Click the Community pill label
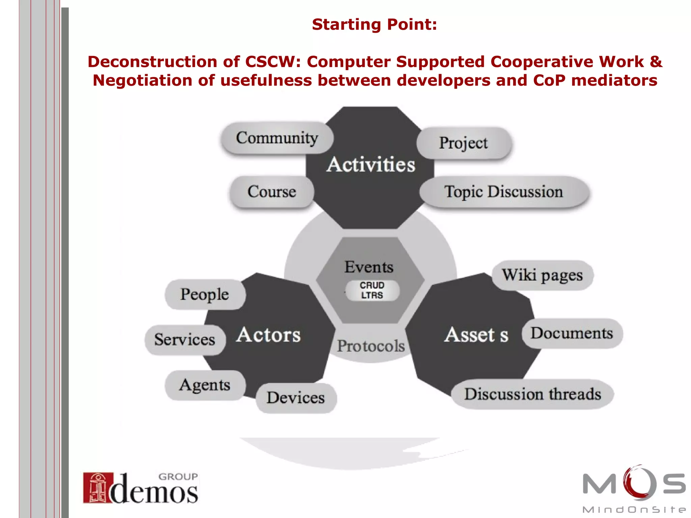pos(277,138)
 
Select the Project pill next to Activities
pos(464,143)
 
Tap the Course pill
pos(272,192)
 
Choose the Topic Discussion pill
pos(504,192)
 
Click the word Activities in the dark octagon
pos(371,165)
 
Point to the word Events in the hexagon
pos(369,267)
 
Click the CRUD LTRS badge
pos(372,290)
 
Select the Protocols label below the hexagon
pos(371,346)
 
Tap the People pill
pos(205,294)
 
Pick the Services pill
pos(185,340)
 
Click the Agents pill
pos(205,385)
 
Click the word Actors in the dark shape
pos(268,335)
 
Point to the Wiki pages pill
pos(542,275)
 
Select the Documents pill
pos(572,333)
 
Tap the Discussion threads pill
pos(533,394)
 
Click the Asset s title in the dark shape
pos(476,335)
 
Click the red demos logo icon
pos(94,488)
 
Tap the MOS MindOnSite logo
pos(634,489)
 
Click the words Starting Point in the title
pos(374,25)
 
